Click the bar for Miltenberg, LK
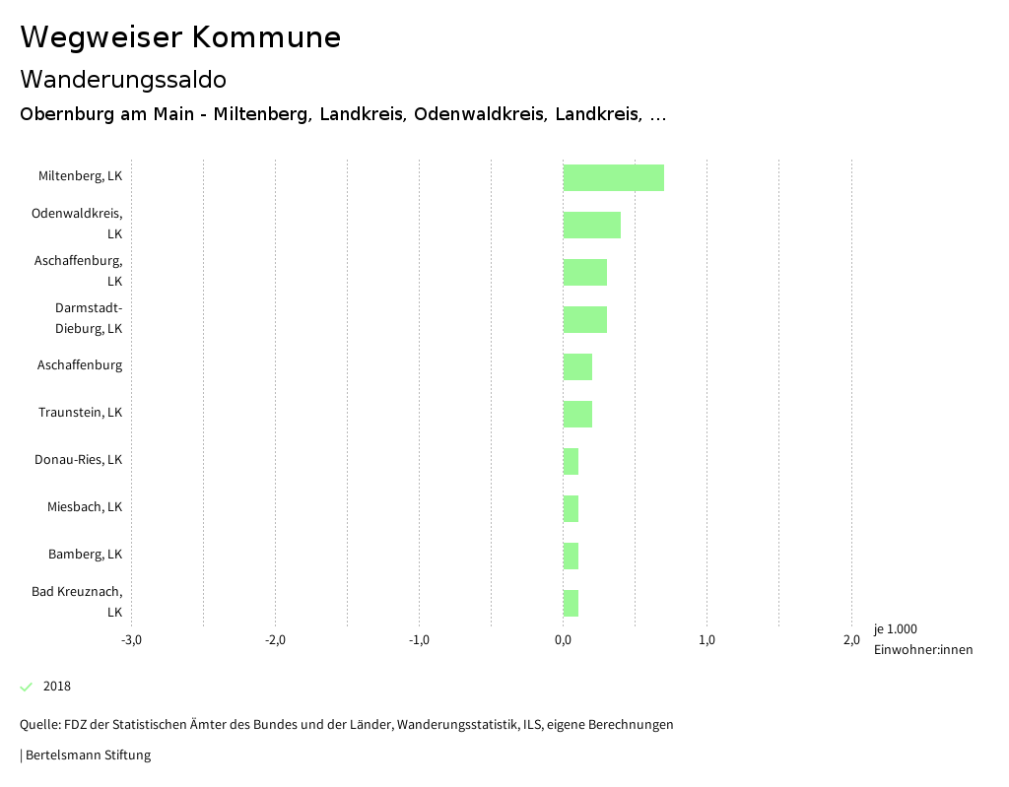(613, 177)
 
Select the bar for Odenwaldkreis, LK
(591, 225)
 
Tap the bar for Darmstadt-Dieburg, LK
(584, 319)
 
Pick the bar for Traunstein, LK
(577, 414)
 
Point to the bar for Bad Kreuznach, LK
(571, 603)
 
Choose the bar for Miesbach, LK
(571, 508)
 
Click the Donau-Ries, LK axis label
(78, 460)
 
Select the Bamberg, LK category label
(85, 555)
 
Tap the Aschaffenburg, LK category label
(78, 271)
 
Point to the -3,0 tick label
(131, 640)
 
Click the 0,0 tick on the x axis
(563, 640)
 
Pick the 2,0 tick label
(850, 640)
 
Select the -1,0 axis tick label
(419, 640)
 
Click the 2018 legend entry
(56, 687)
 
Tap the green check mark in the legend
(27, 687)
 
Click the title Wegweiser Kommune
(180, 37)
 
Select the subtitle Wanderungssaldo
(123, 79)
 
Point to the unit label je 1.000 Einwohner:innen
(922, 639)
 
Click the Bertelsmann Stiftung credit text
(87, 755)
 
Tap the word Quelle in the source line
(38, 725)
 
